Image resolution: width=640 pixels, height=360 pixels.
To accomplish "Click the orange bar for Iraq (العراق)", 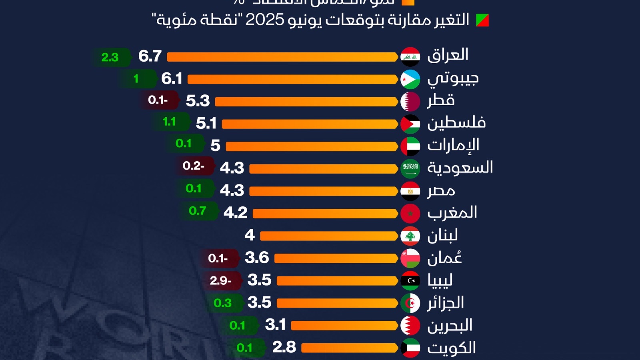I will [282, 57].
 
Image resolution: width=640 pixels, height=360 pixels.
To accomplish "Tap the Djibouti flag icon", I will [410, 79].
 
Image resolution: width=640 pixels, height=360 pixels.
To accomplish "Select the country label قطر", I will [441, 100].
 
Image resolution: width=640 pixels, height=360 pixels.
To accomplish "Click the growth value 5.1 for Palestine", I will [206, 123].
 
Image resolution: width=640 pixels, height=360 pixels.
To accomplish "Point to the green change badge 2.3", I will [110, 57].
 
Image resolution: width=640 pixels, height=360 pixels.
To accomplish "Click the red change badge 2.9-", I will [221, 281].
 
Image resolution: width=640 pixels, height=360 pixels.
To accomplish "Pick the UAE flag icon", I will [410, 146].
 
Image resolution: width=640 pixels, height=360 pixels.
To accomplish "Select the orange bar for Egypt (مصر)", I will [323, 191].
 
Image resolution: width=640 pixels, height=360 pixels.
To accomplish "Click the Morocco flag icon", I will [410, 214].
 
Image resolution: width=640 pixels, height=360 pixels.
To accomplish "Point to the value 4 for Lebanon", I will [250, 235].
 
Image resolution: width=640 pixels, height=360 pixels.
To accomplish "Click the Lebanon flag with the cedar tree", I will [410, 236].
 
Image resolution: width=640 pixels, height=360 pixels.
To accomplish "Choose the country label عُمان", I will [444, 258].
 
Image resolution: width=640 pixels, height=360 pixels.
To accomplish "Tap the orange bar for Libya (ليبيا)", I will [337, 281].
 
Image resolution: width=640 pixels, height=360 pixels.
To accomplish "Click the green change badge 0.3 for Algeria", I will [223, 303].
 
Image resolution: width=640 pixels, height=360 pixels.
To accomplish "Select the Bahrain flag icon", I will [410, 326].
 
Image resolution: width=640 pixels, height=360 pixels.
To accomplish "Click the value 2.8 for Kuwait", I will [284, 347].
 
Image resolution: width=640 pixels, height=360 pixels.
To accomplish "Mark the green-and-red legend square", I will [482, 20].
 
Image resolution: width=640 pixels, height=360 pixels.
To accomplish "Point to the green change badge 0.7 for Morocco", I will [198, 211].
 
